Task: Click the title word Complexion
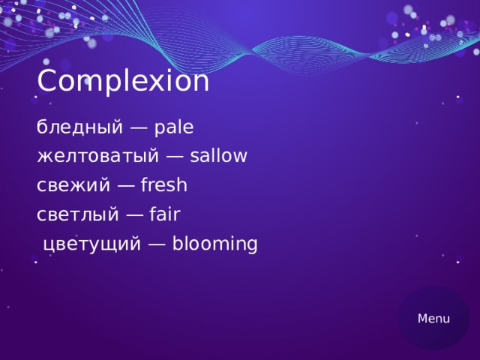(123, 82)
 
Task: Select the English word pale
(173, 128)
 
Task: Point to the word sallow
(218, 157)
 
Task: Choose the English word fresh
(163, 185)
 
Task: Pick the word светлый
(77, 215)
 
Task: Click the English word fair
(165, 215)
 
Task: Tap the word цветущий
(91, 244)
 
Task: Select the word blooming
(214, 244)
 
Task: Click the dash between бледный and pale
(139, 129)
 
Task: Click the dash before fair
(135, 216)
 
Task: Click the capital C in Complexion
(46, 82)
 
